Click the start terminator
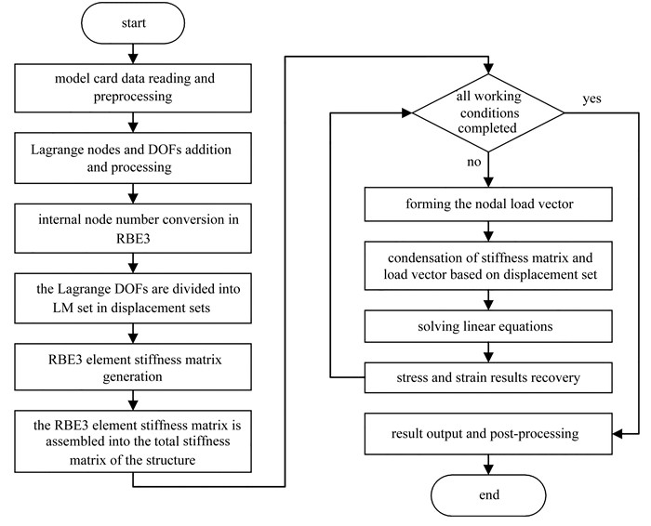point(133,23)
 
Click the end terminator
point(488,495)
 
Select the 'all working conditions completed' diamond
point(488,112)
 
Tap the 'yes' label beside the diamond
point(591,99)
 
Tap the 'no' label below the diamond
point(473,162)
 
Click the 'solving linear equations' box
point(488,326)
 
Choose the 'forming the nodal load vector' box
point(488,204)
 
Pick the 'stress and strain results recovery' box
point(488,378)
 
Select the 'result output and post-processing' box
point(488,433)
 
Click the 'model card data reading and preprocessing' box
point(133,88)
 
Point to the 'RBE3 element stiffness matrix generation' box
point(133,367)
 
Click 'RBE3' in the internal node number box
point(133,239)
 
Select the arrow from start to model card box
point(133,54)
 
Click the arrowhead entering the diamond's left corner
point(407,112)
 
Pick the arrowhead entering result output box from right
point(618,434)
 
